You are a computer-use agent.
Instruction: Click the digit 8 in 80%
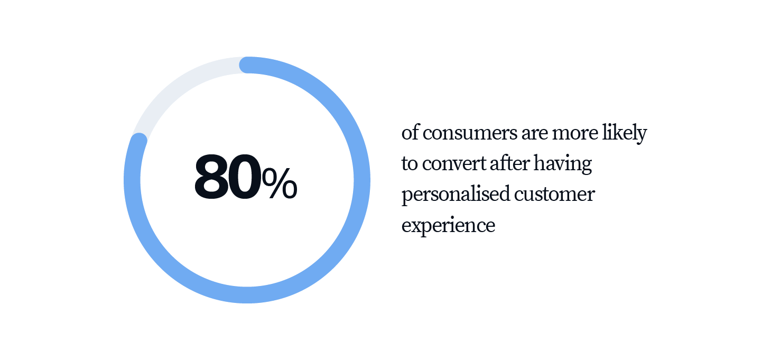tap(211, 177)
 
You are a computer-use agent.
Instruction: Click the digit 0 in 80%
tap(244, 177)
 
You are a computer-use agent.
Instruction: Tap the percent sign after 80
tap(279, 183)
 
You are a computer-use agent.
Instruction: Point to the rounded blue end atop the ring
tap(248, 65)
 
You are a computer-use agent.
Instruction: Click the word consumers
tap(470, 133)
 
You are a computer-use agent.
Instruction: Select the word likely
tap(625, 134)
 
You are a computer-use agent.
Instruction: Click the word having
tap(563, 164)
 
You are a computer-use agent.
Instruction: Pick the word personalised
tap(456, 195)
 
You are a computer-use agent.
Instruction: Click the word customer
tap(554, 194)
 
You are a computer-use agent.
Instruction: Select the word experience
tap(448, 225)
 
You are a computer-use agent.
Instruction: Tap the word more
tap(575, 133)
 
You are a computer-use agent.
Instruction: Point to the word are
tap(535, 133)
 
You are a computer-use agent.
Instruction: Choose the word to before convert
tap(410, 164)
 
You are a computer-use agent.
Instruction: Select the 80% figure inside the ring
tap(246, 177)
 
